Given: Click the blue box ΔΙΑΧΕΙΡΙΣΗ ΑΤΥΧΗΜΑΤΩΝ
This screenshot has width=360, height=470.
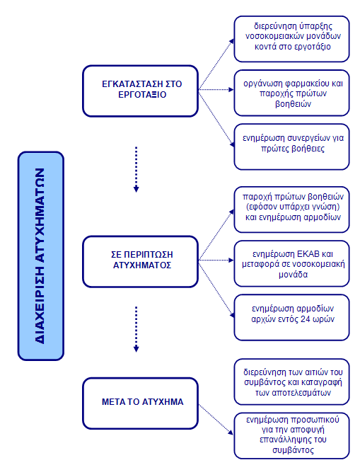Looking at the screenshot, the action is pyautogui.click(x=41, y=256).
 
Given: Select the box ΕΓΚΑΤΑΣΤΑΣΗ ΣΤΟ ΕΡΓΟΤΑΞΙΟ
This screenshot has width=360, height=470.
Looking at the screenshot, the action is pyautogui.click(x=140, y=91).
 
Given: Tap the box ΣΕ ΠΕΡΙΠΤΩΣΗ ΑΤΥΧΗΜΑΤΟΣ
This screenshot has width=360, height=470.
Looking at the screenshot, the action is pyautogui.click(x=140, y=262).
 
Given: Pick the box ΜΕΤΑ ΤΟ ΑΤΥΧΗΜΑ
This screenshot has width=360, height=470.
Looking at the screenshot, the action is pyautogui.click(x=140, y=403).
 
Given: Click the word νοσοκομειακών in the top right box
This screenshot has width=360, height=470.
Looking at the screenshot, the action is pyautogui.click(x=274, y=36).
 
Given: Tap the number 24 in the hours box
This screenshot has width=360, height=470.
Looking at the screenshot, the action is pyautogui.click(x=306, y=319).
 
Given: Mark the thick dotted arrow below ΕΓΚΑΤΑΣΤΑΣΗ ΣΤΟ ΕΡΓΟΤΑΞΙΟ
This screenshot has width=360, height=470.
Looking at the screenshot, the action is pyautogui.click(x=137, y=169).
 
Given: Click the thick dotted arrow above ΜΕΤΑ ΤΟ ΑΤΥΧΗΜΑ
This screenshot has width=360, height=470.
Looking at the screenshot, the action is pyautogui.click(x=137, y=329).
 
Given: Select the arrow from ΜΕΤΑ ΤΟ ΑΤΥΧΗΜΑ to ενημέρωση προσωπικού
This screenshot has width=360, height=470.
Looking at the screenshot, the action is pyautogui.click(x=216, y=419).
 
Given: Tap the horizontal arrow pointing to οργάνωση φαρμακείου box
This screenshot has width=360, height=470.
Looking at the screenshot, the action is pyautogui.click(x=216, y=89).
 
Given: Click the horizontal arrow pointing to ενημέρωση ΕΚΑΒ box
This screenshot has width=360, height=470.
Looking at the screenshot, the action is pyautogui.click(x=216, y=260).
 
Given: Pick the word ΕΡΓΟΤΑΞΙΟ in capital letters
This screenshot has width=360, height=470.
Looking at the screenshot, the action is pyautogui.click(x=142, y=95).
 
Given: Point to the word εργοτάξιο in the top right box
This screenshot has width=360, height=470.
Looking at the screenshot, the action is pyautogui.click(x=313, y=47).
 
